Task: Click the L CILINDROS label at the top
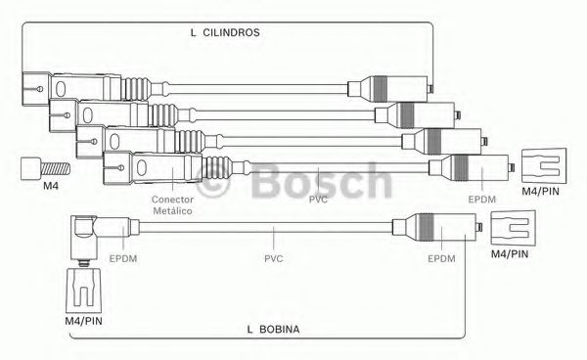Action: pyautogui.click(x=225, y=32)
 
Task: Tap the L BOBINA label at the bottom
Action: pyautogui.click(x=273, y=330)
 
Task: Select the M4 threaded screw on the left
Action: pyautogui.click(x=45, y=169)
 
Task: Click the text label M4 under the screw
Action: pyautogui.click(x=51, y=186)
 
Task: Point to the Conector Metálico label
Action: pyautogui.click(x=172, y=205)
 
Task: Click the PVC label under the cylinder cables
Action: pyautogui.click(x=318, y=200)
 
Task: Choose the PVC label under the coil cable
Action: pyautogui.click(x=274, y=258)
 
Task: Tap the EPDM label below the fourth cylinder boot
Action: pyautogui.click(x=482, y=200)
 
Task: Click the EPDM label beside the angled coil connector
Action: pyautogui.click(x=123, y=258)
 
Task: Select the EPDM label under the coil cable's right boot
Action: pyautogui.click(x=442, y=258)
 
